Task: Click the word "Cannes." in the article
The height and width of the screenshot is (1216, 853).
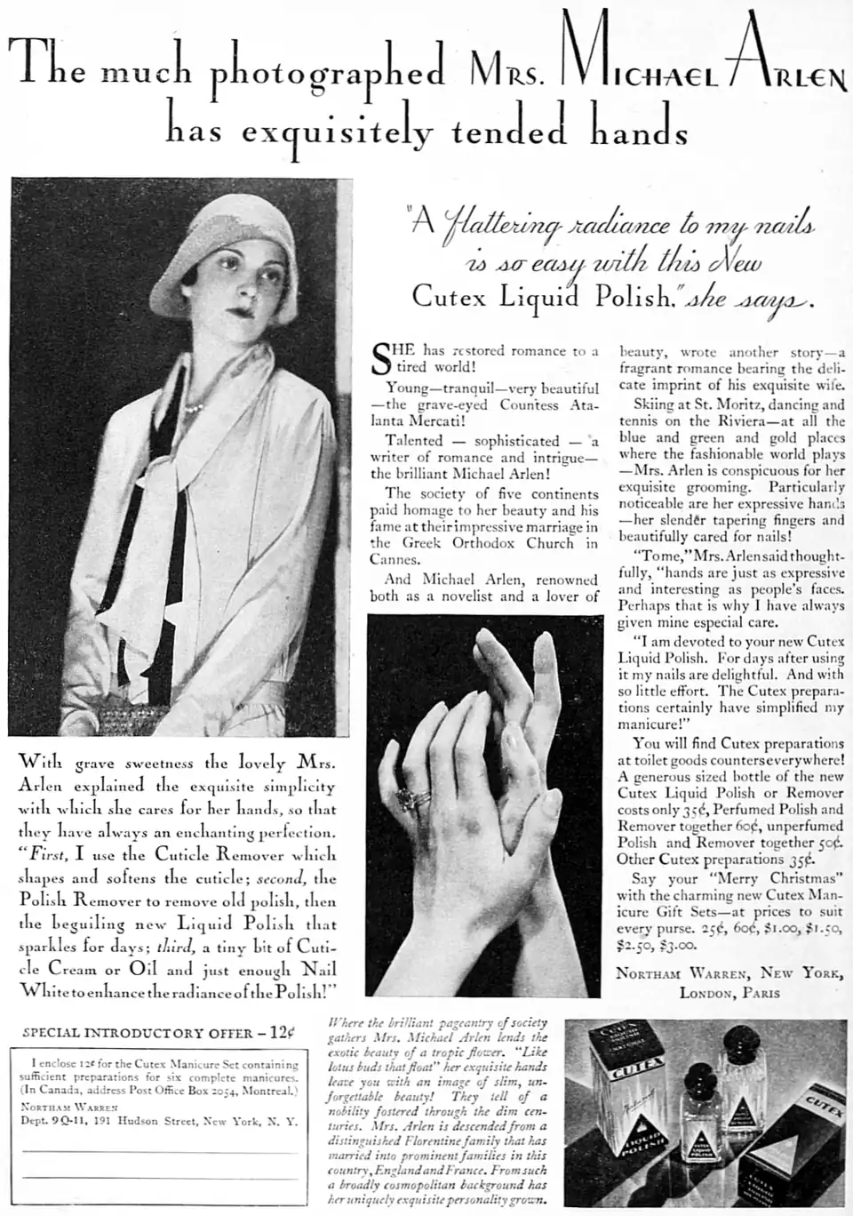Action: pos(395,559)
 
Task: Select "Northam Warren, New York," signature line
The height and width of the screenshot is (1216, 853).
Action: pos(729,973)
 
